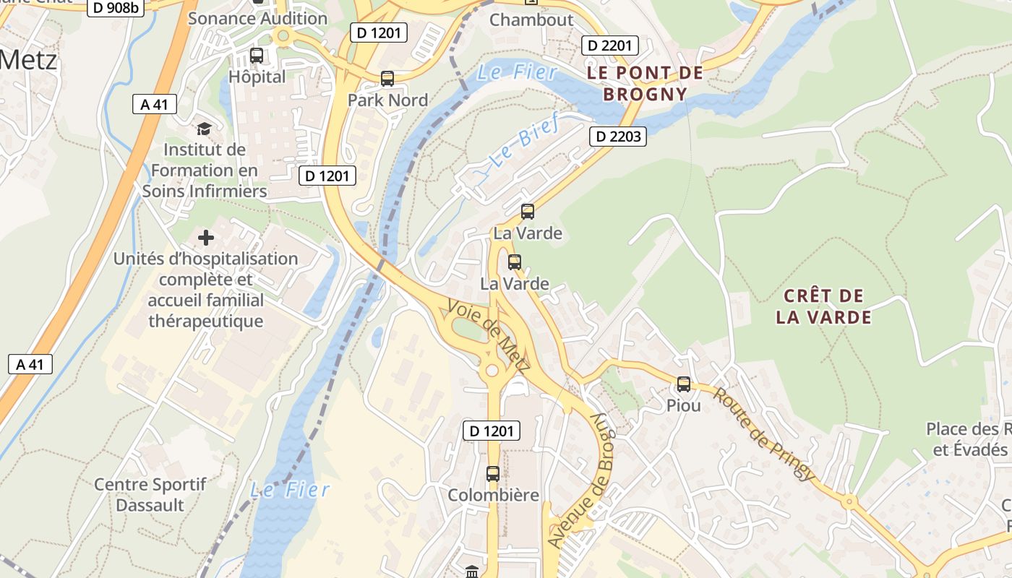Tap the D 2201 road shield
[609, 46]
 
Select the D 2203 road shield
[617, 137]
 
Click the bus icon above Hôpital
[257, 56]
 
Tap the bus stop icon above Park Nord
[387, 79]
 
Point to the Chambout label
[531, 20]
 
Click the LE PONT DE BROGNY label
[645, 83]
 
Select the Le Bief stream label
[524, 141]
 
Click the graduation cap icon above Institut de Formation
[205, 129]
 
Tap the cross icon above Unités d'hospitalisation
[206, 238]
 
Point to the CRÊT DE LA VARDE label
[823, 306]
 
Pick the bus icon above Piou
[684, 384]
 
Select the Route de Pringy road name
[763, 435]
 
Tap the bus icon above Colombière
[493, 474]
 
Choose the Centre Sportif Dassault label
[150, 494]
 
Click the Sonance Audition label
[257, 19]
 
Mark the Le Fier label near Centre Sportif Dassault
[290, 490]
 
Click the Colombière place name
[493, 496]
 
